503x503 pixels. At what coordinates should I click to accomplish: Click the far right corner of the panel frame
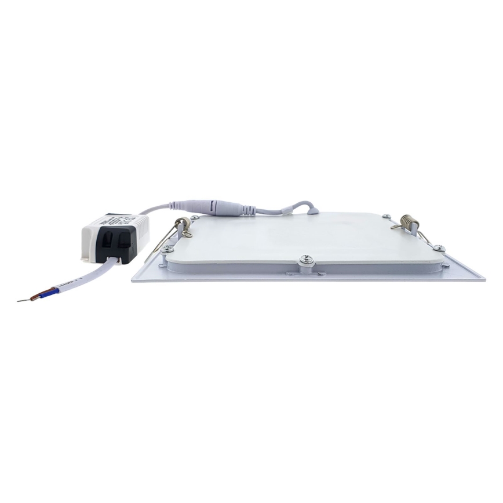(482, 279)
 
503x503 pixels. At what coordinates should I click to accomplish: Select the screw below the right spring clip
(438, 248)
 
